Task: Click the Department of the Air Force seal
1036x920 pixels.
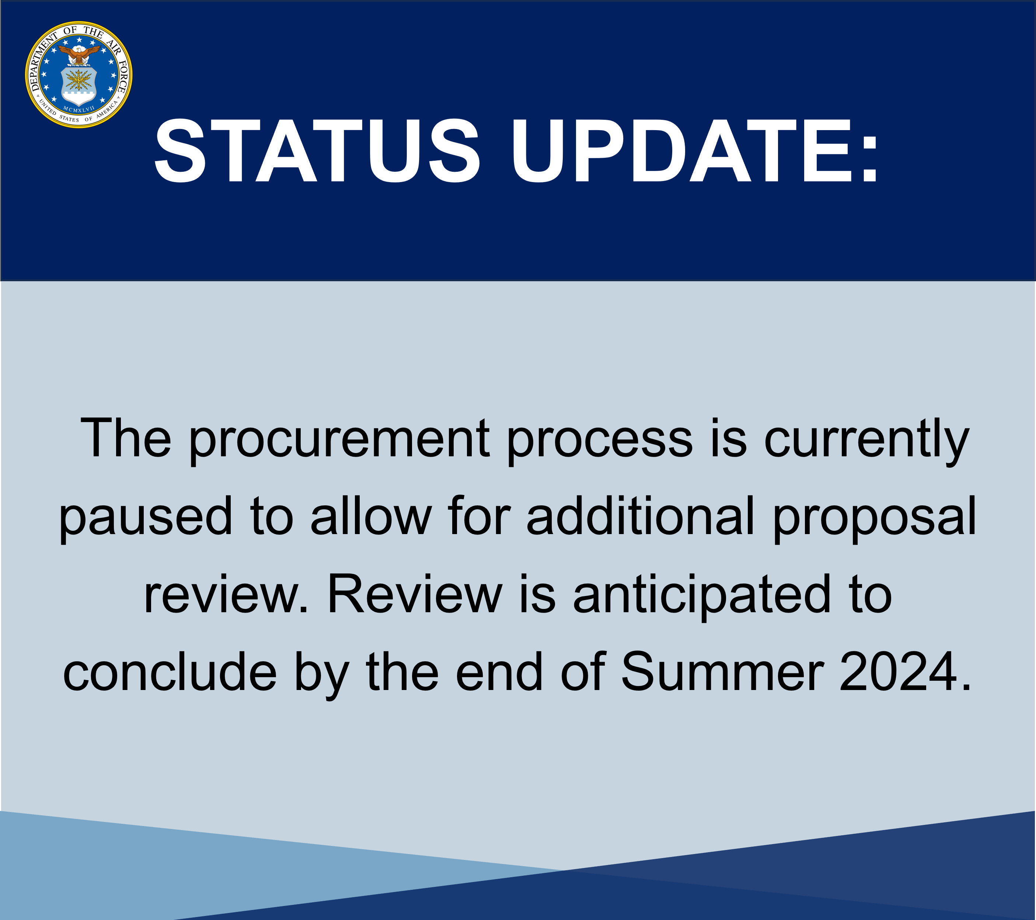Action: pyautogui.click(x=79, y=74)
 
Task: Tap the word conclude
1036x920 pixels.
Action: pyautogui.click(x=170, y=672)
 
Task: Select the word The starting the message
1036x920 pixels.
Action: pyautogui.click(x=126, y=438)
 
